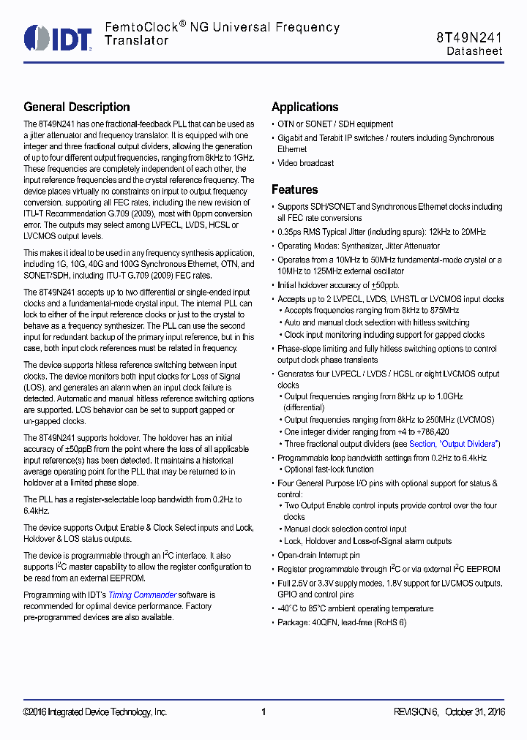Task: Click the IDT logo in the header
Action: click(x=57, y=37)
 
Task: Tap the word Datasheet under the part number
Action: click(x=474, y=51)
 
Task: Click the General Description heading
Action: click(x=77, y=107)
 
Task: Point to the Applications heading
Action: click(x=304, y=107)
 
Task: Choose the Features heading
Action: click(x=294, y=189)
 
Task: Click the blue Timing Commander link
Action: click(x=142, y=595)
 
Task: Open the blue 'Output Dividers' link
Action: click(x=470, y=444)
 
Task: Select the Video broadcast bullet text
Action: click(x=305, y=163)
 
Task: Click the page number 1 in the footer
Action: click(x=263, y=712)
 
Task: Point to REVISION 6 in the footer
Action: click(x=415, y=712)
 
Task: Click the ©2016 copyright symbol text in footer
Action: click(x=36, y=712)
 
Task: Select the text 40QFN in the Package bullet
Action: click(x=327, y=622)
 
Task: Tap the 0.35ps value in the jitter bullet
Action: click(x=291, y=232)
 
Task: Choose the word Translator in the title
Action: click(x=136, y=41)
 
